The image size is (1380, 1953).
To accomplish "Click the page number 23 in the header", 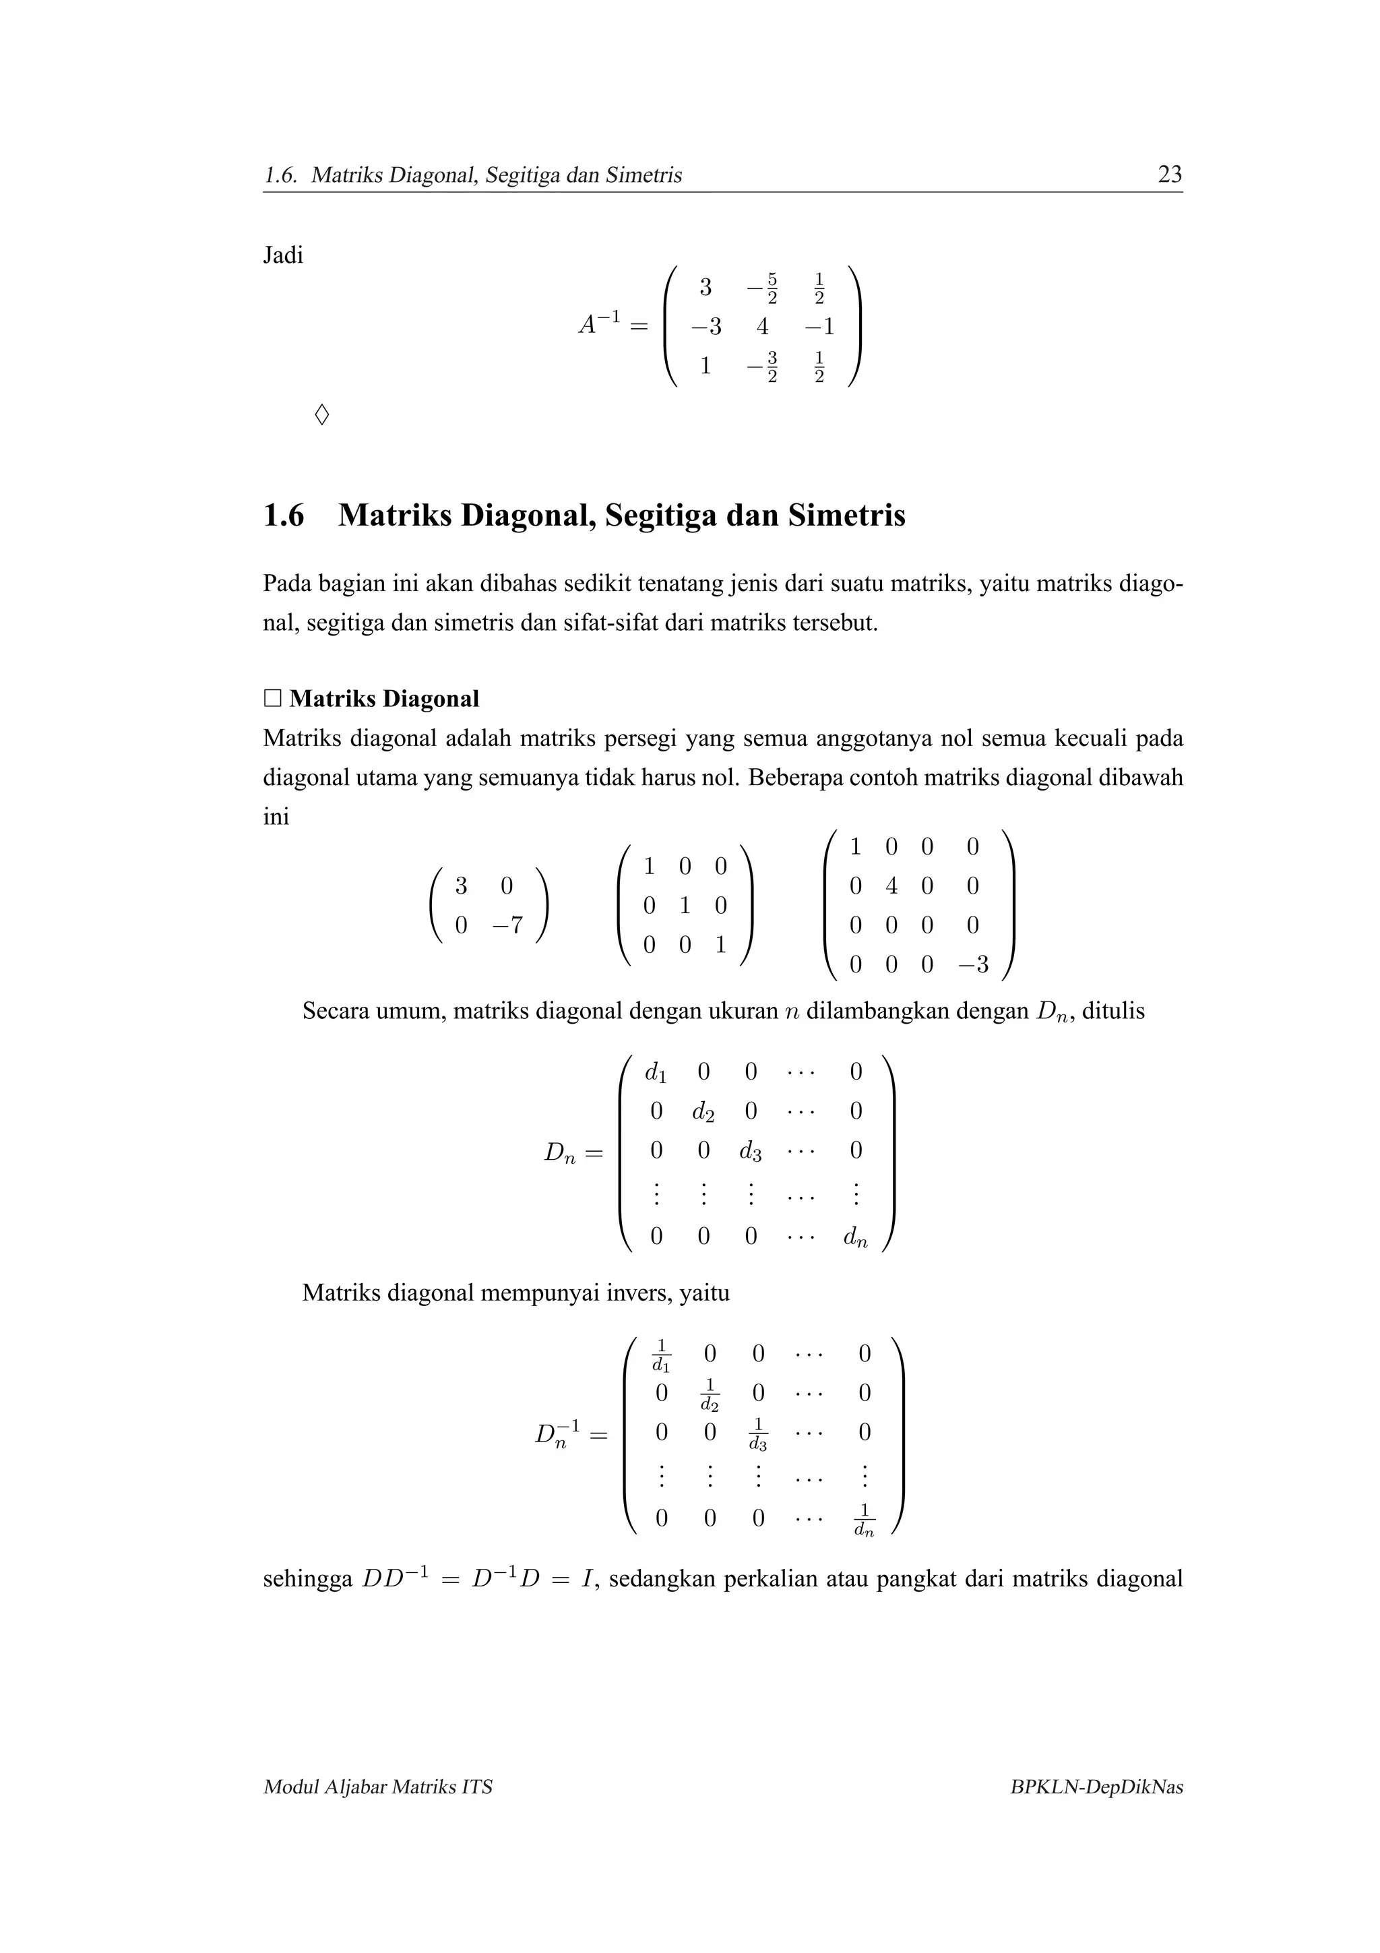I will (x=1169, y=175).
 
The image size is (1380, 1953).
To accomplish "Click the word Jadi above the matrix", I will (x=282, y=255).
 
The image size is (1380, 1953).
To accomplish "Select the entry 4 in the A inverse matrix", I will (x=762, y=327).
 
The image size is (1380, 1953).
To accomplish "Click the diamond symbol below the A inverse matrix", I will (x=321, y=415).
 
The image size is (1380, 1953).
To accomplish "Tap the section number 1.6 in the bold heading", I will (x=283, y=516).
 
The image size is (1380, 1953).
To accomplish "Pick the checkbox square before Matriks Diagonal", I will (x=272, y=700).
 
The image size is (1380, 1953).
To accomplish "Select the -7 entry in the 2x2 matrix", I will (x=507, y=925).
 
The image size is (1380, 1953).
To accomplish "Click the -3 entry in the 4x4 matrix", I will (x=973, y=964).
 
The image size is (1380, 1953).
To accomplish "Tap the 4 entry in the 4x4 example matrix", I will (x=890, y=886).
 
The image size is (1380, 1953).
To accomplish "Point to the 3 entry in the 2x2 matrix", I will (x=460, y=886).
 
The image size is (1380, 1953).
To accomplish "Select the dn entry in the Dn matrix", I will (x=855, y=1237).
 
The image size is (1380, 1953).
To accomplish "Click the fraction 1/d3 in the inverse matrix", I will (x=757, y=1434).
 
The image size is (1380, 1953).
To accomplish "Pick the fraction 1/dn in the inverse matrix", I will (x=864, y=1520).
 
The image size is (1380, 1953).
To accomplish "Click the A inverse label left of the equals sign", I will (x=600, y=324).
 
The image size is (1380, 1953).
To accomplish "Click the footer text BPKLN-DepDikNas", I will (x=1096, y=1787).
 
